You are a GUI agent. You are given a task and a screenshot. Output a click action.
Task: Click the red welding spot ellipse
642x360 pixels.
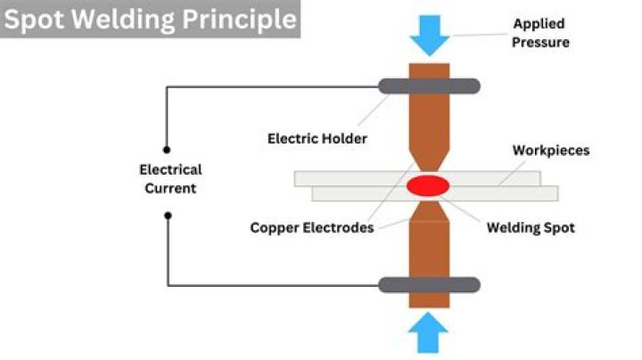429,186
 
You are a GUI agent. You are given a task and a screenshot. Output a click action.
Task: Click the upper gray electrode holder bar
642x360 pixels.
429,86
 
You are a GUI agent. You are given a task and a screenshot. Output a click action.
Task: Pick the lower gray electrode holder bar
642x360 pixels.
429,285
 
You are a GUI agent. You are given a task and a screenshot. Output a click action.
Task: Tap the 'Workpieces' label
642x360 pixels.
550,151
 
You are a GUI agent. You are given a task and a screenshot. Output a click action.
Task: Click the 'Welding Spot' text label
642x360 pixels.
530,227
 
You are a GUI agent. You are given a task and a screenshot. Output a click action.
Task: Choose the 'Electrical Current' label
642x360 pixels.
170,178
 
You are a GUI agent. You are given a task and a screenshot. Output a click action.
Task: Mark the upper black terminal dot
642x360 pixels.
167,151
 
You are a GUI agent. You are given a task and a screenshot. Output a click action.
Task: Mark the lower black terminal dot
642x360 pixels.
167,215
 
